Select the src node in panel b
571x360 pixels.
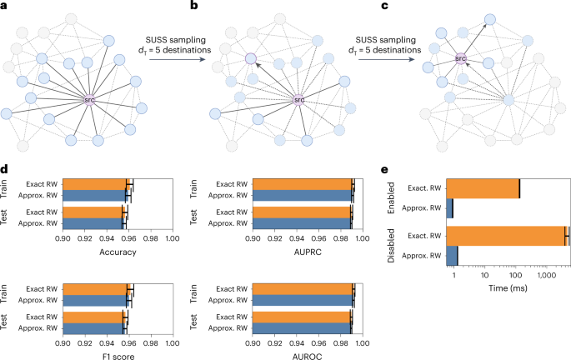(x=299, y=100)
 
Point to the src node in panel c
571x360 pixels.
(x=459, y=59)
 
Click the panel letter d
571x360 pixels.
(x=5, y=171)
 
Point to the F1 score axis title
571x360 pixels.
(x=117, y=353)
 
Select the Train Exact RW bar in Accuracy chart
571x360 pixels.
(x=94, y=182)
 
